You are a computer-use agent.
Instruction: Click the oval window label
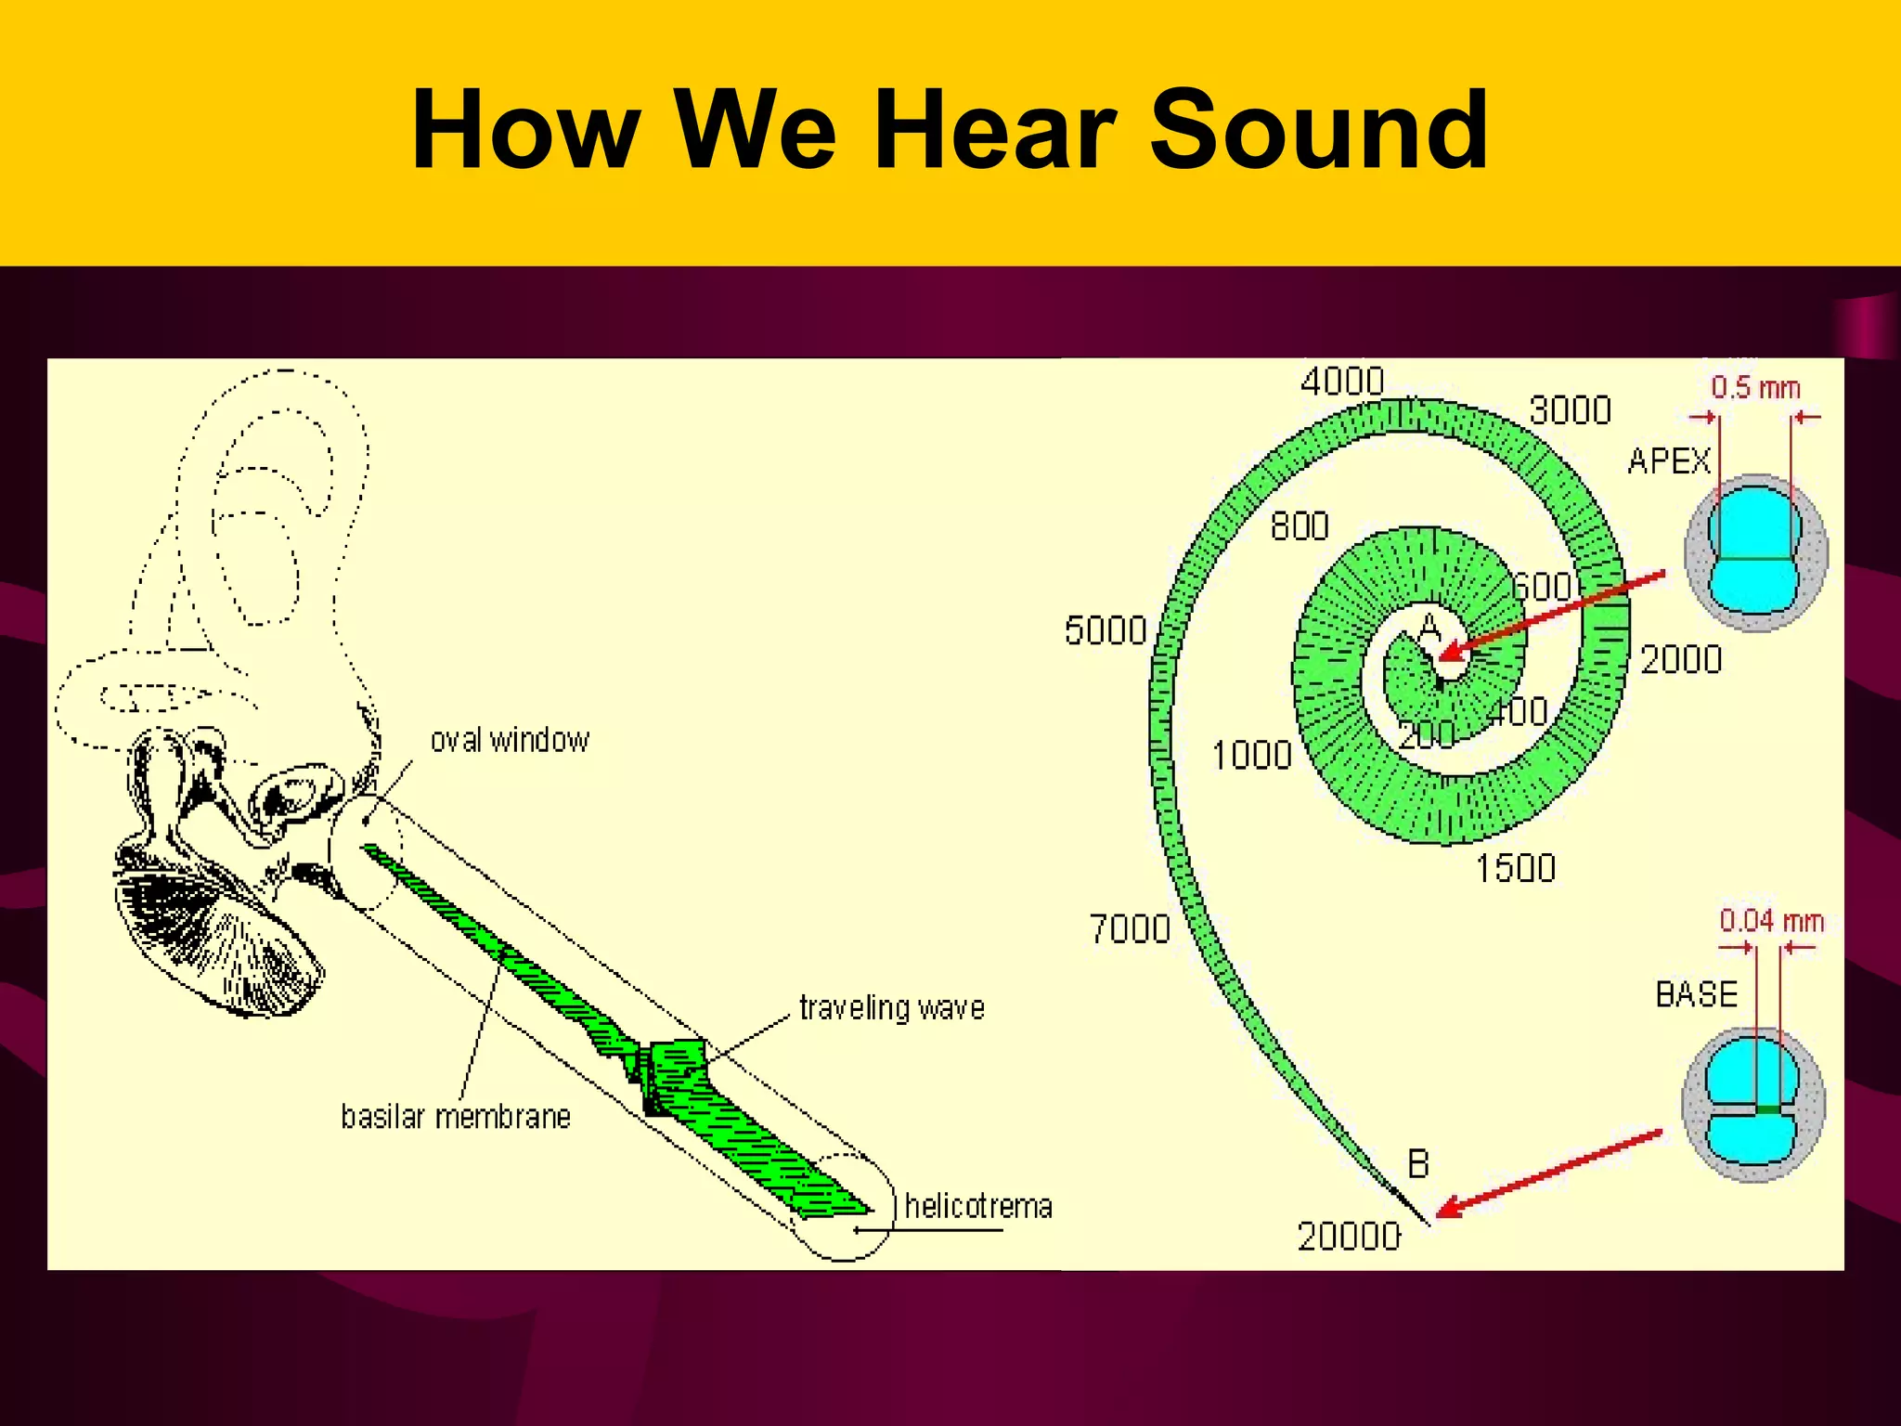(510, 741)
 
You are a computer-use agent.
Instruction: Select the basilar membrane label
(456, 1117)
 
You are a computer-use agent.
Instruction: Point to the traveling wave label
(892, 1008)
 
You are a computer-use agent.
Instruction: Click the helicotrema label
(978, 1207)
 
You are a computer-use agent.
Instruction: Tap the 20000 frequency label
(1348, 1237)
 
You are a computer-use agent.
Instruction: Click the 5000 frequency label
(1106, 631)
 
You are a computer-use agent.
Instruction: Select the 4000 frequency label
(1342, 382)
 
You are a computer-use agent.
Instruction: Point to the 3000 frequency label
(1570, 410)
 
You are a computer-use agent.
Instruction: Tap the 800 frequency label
(1300, 527)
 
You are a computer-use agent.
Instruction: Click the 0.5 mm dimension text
(1755, 388)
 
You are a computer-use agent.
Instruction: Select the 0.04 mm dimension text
(1771, 921)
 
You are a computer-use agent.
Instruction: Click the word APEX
(1668, 461)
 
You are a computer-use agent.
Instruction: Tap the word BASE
(1696, 994)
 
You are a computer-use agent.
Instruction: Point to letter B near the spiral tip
(1418, 1164)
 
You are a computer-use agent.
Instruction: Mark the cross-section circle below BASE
(1753, 1104)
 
